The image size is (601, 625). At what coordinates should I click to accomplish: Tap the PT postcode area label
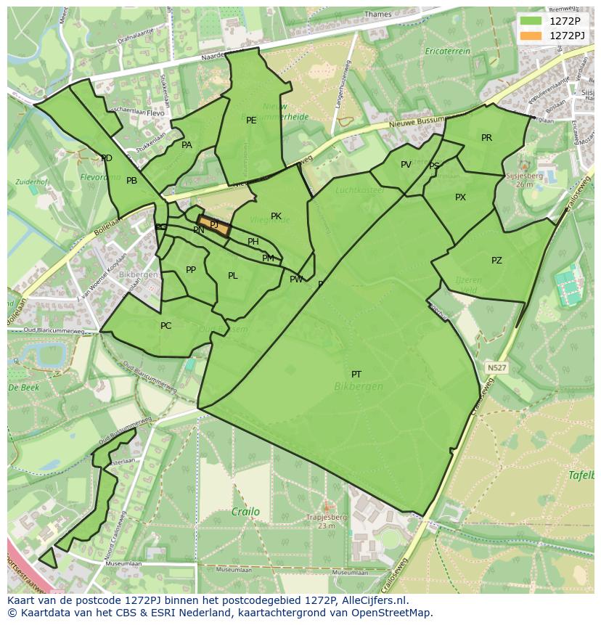[356, 375]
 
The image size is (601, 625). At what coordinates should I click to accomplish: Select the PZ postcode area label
[496, 261]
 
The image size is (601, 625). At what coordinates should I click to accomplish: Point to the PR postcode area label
[486, 138]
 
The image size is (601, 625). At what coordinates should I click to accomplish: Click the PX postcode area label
[460, 197]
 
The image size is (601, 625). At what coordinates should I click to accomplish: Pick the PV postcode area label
[406, 165]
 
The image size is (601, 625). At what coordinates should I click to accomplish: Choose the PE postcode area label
[251, 120]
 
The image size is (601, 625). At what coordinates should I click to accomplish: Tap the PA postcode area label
[187, 145]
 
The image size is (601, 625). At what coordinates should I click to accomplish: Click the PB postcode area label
[131, 181]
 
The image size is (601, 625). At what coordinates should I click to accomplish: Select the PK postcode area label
[276, 216]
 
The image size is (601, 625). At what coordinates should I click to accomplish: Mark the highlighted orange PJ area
[214, 226]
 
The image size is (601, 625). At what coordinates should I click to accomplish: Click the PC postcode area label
[165, 326]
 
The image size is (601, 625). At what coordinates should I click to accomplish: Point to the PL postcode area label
[232, 276]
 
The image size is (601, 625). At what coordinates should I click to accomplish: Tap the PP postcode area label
[191, 270]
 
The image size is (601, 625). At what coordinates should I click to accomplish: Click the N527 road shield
[496, 368]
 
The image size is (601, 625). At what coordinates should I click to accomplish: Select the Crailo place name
[245, 512]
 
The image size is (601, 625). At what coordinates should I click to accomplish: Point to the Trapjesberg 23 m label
[326, 521]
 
